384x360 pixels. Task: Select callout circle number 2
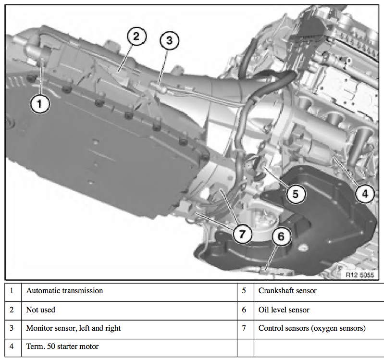click(x=136, y=37)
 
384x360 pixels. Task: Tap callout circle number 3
click(x=169, y=41)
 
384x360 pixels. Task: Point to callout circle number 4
click(x=365, y=194)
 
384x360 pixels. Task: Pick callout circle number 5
click(x=296, y=194)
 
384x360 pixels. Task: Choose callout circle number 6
click(x=281, y=236)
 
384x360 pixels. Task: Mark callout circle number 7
click(x=242, y=234)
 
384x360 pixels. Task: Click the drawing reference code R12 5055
click(x=359, y=275)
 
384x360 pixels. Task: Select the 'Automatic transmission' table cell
click(x=64, y=291)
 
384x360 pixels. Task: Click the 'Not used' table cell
click(x=40, y=310)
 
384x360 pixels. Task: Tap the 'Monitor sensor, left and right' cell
click(x=73, y=328)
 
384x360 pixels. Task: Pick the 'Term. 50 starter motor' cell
click(x=62, y=347)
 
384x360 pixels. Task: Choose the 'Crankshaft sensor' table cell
click(x=287, y=291)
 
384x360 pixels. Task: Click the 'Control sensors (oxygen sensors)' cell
click(x=312, y=328)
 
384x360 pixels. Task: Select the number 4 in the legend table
click(x=12, y=347)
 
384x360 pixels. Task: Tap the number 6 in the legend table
click(x=244, y=310)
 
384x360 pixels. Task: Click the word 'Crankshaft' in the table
click(x=275, y=291)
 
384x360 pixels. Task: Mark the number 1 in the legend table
click(x=12, y=291)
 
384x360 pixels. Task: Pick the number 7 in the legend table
click(x=244, y=328)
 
